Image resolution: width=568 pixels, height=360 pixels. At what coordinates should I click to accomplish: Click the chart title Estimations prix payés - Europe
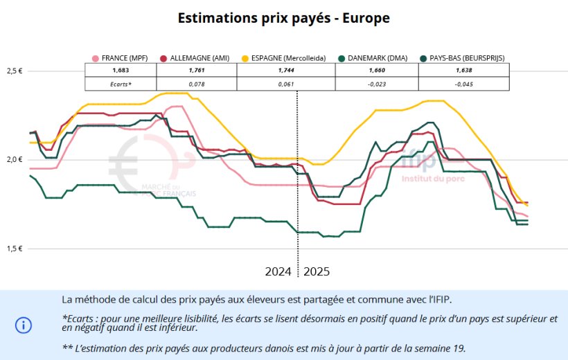pyautogui.click(x=284, y=18)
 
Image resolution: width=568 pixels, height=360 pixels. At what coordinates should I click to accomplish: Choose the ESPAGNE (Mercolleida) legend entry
pyautogui.click(x=283, y=58)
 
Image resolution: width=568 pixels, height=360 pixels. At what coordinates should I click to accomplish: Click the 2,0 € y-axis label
pyautogui.click(x=16, y=160)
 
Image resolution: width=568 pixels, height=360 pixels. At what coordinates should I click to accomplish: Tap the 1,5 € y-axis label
pyautogui.click(x=16, y=249)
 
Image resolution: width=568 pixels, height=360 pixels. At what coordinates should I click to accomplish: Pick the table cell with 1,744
pyautogui.click(x=285, y=70)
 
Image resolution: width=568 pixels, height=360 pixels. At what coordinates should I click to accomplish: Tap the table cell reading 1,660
pyautogui.click(x=376, y=70)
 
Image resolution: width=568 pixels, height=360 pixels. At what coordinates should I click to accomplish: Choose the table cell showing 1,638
pyautogui.click(x=463, y=70)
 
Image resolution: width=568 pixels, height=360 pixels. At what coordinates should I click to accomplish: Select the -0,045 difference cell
pyautogui.click(x=463, y=84)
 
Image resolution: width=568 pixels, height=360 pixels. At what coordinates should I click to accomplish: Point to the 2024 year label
pyautogui.click(x=278, y=271)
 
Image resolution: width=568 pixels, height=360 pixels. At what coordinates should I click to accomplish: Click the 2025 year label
pyautogui.click(x=317, y=271)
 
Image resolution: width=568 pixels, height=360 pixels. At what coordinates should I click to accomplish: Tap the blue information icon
pyautogui.click(x=24, y=325)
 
